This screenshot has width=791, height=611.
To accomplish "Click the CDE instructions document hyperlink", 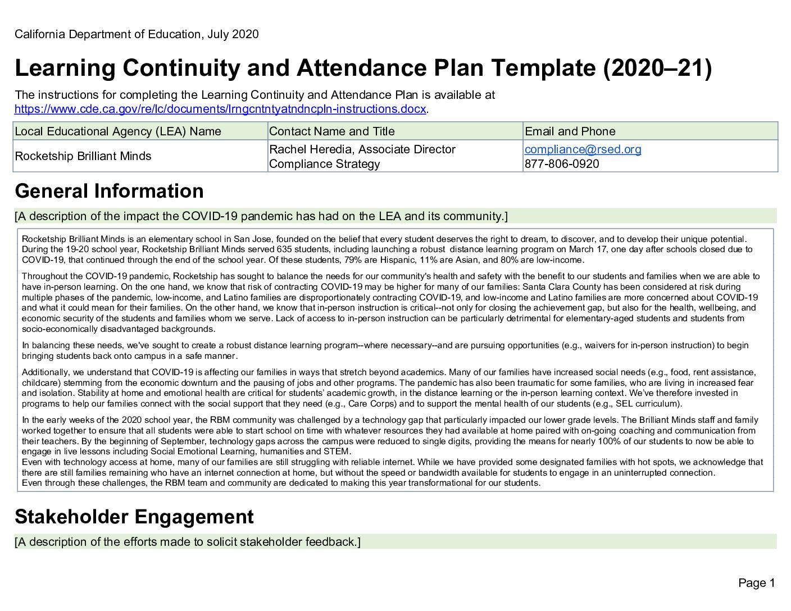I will tap(220, 109).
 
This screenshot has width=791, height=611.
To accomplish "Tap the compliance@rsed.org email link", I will tap(583, 149).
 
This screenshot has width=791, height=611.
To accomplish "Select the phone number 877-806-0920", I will tap(562, 164).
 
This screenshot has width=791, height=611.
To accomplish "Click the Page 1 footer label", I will tap(756, 583).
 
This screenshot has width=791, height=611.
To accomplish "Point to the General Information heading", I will tap(110, 191).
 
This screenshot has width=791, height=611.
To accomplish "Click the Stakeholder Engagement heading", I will tap(134, 517).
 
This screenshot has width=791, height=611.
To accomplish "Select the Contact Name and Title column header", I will tap(332, 131).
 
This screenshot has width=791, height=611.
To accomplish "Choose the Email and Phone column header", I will tap(570, 131).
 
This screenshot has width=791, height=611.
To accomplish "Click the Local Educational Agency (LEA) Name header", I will tap(118, 131).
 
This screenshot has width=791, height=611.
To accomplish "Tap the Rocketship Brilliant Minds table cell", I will tap(83, 156).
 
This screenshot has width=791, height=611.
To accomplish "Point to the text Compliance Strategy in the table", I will tap(324, 164).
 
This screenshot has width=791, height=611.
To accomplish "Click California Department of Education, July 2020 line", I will tap(137, 34).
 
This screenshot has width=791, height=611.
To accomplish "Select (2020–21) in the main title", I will tap(657, 68).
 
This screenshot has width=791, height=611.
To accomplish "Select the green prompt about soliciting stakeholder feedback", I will tap(188, 542).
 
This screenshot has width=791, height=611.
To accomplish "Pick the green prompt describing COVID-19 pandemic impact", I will tap(261, 216).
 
